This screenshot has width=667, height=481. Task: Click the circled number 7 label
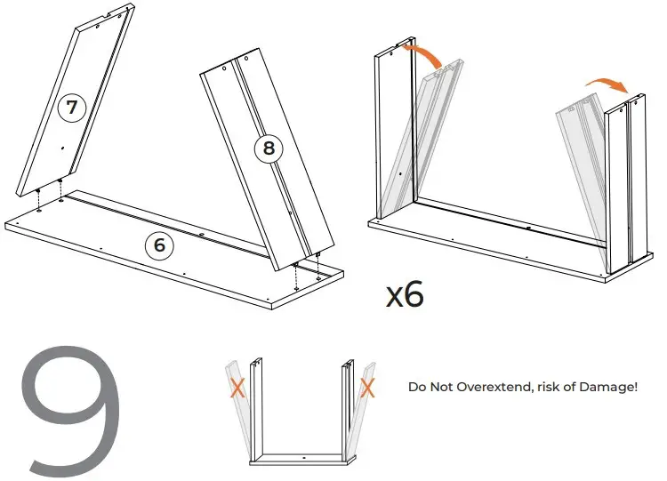(x=73, y=108)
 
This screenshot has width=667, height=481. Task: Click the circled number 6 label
(x=159, y=245)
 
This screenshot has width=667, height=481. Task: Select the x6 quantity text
(x=404, y=293)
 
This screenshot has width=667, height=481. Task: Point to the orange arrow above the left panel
(x=424, y=57)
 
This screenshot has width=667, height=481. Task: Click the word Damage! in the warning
(x=610, y=388)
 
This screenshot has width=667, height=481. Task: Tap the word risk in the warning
(x=554, y=388)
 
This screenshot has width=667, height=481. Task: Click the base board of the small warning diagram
(x=303, y=461)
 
